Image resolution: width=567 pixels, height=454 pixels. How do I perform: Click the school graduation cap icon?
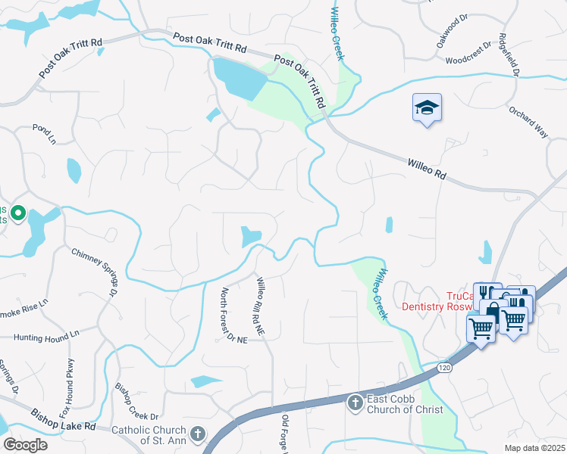[427, 108]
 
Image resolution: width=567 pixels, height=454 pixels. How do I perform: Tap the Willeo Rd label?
[426, 167]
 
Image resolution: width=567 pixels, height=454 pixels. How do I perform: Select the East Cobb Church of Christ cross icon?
[355, 403]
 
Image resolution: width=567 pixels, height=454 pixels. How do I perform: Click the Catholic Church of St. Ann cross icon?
[197, 434]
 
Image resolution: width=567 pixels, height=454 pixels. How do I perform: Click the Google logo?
[25, 445]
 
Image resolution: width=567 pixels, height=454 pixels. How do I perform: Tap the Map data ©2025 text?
[524, 448]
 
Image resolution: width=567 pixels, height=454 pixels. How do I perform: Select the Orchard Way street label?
[528, 121]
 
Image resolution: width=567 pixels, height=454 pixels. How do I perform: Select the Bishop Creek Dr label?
[136, 406]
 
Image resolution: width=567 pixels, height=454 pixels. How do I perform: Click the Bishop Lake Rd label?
[63, 420]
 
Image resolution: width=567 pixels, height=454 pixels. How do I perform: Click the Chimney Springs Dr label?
[96, 271]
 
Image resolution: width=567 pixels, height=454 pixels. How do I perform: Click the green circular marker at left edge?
[18, 214]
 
